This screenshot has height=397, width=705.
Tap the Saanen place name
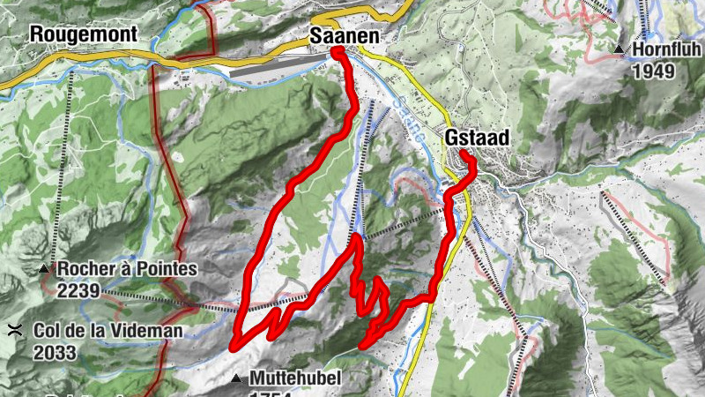pos(345,36)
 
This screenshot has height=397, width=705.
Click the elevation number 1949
pos(652,71)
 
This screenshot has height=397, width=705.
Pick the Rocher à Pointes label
pos(122,269)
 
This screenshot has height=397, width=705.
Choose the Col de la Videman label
pos(108,332)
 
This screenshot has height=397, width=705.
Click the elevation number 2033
pos(56,352)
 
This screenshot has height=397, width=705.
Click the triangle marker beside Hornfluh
pos(620,49)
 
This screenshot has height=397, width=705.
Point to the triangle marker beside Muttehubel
pos(237,379)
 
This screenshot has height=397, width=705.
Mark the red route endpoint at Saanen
pos(338,52)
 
